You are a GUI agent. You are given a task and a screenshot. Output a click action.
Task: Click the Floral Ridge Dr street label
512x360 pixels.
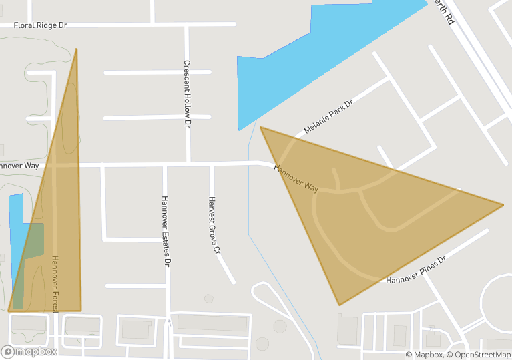[x=41, y=25]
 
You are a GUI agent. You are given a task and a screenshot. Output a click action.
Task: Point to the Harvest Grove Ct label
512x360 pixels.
[x=214, y=226]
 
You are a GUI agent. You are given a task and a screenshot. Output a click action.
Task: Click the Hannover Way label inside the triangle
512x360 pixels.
[x=296, y=176]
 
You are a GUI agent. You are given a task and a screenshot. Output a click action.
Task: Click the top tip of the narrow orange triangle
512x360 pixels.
[x=77, y=49]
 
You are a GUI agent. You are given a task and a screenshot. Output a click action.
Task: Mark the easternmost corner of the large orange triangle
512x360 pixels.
[x=503, y=204]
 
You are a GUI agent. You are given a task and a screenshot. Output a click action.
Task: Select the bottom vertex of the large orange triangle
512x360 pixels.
[x=339, y=305]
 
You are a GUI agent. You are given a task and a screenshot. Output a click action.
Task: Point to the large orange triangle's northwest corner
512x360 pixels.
[x=261, y=127]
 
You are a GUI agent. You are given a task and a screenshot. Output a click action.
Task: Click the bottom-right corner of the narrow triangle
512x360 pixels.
[x=81, y=310]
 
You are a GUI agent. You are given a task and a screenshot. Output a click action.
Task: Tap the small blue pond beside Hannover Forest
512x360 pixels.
[x=16, y=220]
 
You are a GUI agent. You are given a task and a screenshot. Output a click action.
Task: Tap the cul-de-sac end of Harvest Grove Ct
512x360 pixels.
[x=233, y=281]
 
